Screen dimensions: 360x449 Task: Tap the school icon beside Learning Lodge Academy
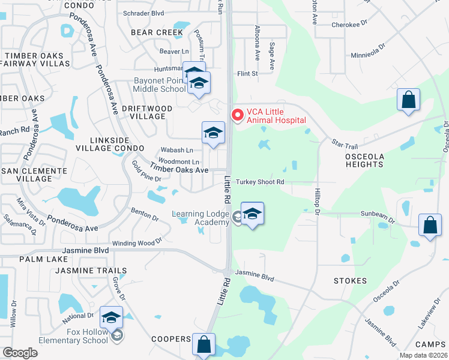click(x=253, y=215)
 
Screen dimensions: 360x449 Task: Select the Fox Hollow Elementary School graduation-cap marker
click(x=111, y=317)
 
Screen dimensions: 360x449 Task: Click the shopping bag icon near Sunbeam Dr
click(x=430, y=226)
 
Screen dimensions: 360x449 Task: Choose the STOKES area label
click(x=351, y=281)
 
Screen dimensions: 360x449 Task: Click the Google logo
click(x=20, y=352)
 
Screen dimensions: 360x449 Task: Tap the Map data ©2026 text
click(x=423, y=355)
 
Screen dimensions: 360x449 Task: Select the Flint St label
click(x=247, y=74)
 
